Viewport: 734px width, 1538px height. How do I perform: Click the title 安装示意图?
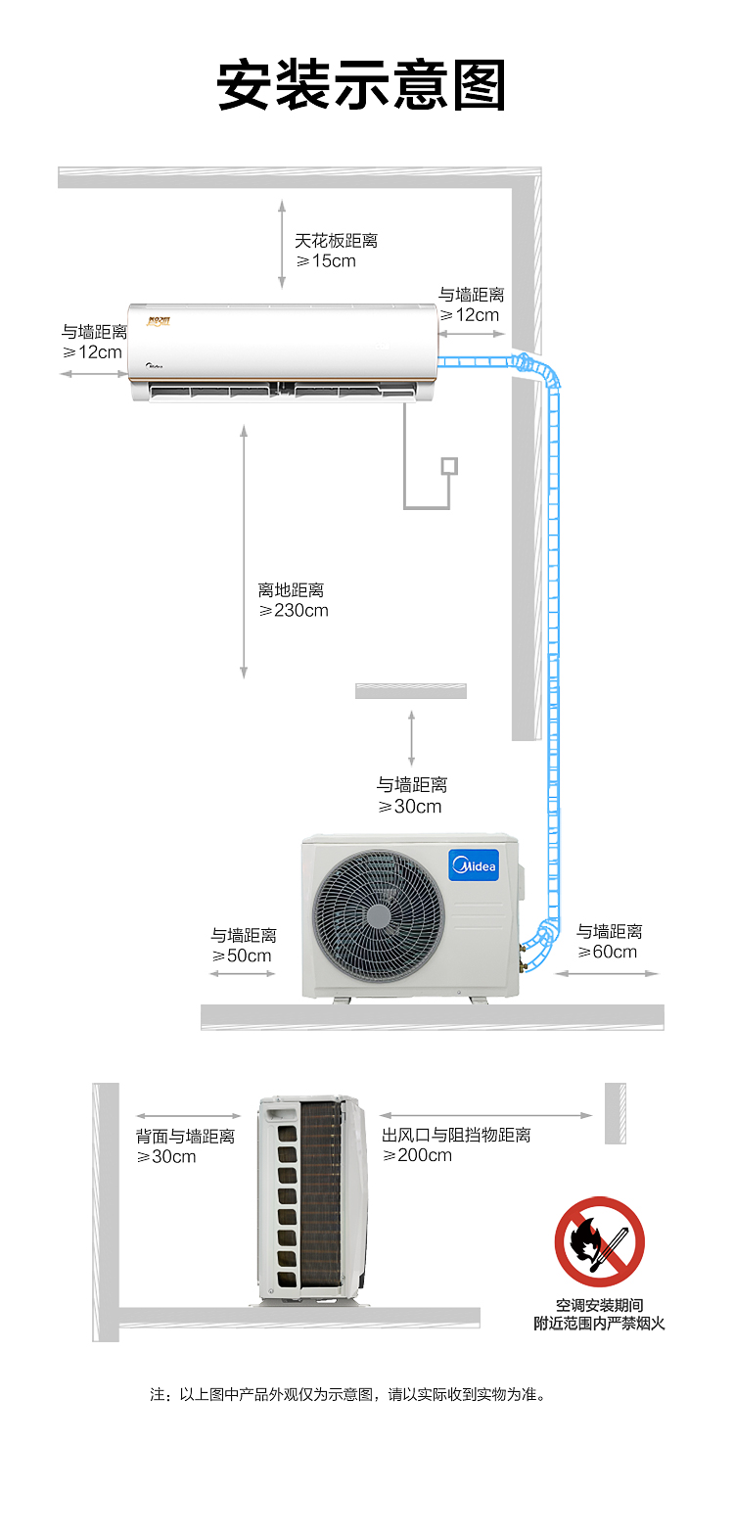click(362, 84)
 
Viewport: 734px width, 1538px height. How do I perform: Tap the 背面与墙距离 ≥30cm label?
click(185, 1146)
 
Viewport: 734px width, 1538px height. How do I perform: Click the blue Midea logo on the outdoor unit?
click(474, 865)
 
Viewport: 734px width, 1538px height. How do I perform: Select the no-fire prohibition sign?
click(599, 1241)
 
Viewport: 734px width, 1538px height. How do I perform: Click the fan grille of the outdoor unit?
click(379, 916)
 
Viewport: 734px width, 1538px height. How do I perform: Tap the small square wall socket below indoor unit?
click(449, 466)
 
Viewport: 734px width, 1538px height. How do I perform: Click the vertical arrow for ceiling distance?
click(282, 245)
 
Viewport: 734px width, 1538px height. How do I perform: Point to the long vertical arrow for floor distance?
click(244, 552)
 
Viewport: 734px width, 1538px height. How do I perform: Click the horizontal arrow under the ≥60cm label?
click(607, 973)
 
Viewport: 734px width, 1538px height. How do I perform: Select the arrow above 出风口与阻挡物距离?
click(485, 1115)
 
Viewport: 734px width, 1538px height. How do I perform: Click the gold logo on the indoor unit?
click(158, 321)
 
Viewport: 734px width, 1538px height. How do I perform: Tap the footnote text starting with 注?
click(348, 1394)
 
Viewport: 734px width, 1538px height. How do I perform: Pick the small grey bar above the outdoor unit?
click(411, 691)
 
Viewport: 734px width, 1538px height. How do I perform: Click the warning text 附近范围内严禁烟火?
click(599, 1323)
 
